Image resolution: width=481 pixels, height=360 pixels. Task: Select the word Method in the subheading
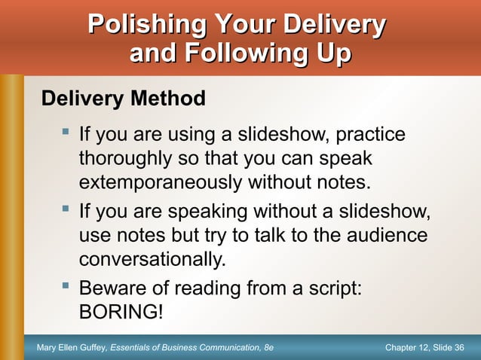point(168,99)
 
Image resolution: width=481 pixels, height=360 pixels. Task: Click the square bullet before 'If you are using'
point(65,133)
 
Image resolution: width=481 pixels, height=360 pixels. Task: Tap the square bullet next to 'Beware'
point(65,285)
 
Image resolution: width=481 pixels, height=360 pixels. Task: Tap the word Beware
point(118,288)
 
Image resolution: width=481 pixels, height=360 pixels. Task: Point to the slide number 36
point(459,347)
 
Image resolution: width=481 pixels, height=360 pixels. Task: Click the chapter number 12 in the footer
point(423,347)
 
